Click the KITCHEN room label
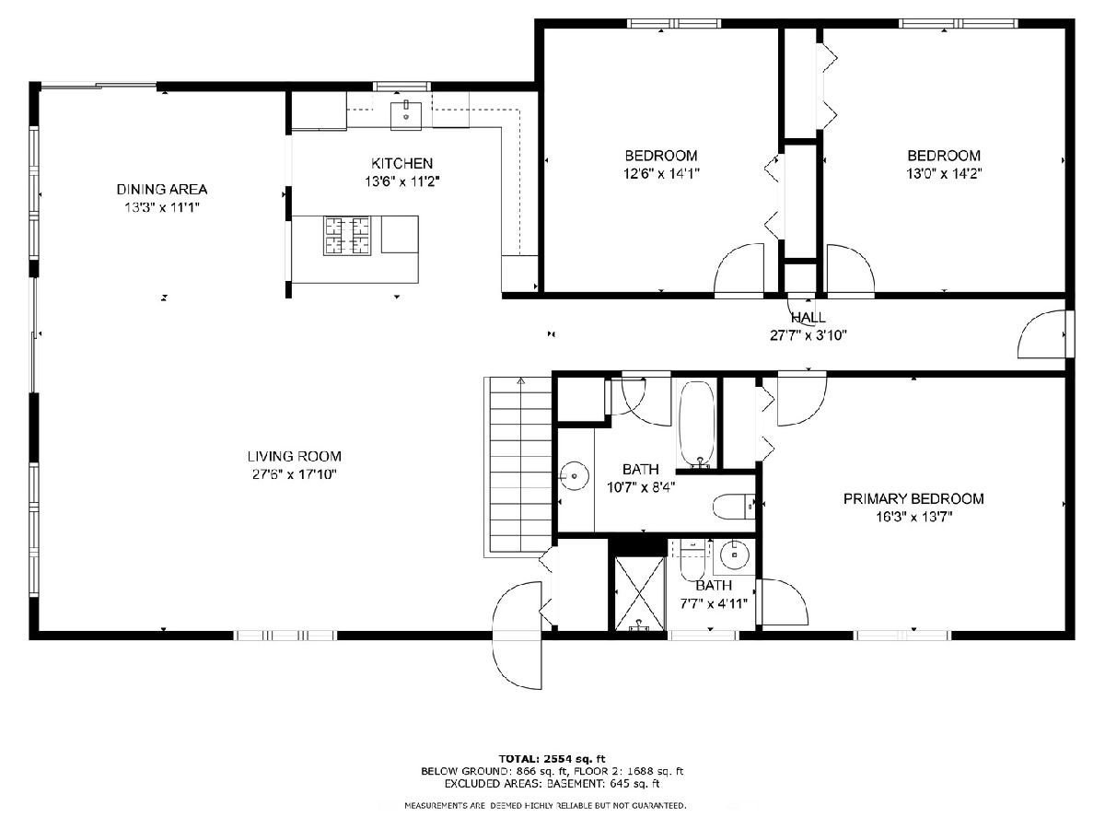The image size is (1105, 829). click(401, 163)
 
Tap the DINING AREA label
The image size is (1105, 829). click(161, 189)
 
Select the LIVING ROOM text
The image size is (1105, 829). click(294, 457)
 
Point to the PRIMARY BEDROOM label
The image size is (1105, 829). click(913, 499)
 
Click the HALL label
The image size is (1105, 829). click(808, 318)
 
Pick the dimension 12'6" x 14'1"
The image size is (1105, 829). click(661, 174)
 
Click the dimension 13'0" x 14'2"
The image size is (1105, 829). click(944, 174)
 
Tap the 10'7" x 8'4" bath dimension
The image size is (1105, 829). click(640, 487)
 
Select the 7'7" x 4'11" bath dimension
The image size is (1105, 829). click(714, 603)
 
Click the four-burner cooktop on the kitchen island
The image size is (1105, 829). click(347, 235)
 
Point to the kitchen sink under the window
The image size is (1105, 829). click(406, 115)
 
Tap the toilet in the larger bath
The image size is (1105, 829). click(734, 507)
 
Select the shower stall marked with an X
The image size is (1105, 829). click(640, 593)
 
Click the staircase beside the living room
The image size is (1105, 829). click(518, 467)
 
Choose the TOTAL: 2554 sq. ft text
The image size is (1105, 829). click(552, 758)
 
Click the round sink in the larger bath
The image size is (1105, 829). click(575, 475)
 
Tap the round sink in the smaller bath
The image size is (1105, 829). click(735, 555)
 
